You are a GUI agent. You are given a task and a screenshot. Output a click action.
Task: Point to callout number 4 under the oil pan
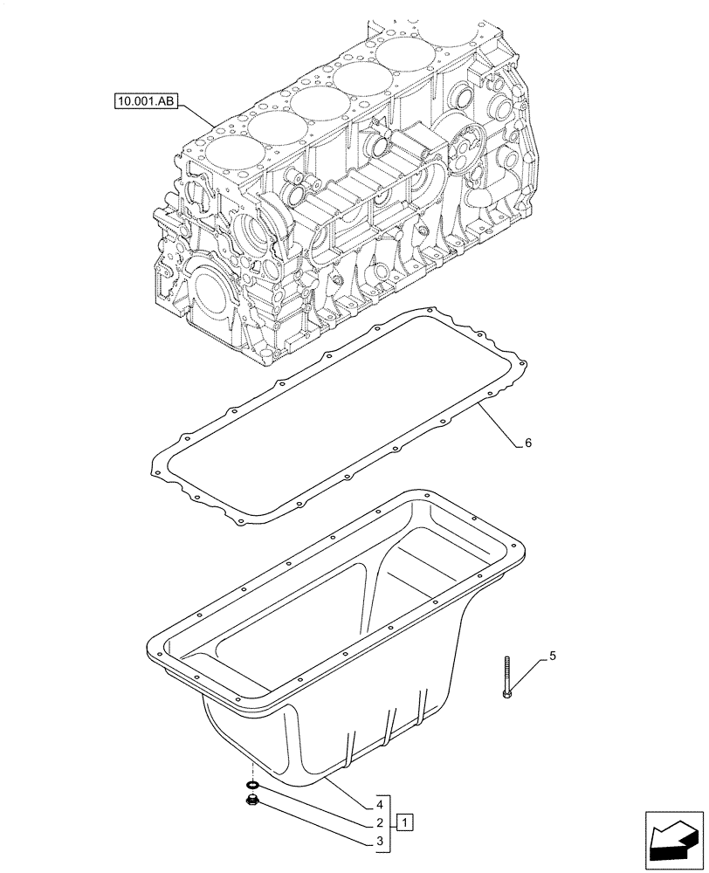381,803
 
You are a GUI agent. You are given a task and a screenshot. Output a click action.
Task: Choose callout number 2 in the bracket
381,822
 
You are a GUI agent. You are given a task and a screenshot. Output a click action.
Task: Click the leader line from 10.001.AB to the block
196,114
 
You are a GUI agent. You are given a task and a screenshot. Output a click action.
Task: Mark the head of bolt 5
506,694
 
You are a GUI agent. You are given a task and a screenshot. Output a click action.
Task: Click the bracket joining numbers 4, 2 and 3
390,822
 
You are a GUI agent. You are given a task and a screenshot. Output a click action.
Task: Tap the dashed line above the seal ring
252,770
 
